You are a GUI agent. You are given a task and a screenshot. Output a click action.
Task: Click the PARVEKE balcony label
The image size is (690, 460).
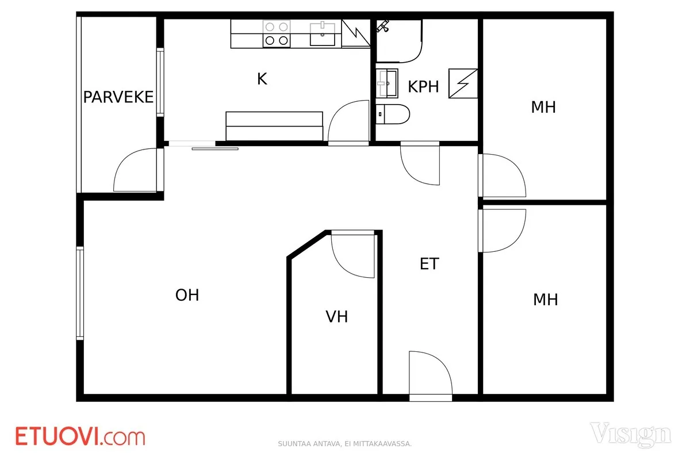coord(118,97)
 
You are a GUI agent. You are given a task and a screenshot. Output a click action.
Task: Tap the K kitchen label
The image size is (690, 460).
coord(262,79)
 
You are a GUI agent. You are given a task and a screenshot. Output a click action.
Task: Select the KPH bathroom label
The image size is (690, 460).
coord(423,87)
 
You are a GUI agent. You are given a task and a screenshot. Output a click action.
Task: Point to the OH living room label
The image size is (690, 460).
coord(187,295)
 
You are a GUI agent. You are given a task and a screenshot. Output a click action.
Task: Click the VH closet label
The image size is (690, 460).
coord(337,316)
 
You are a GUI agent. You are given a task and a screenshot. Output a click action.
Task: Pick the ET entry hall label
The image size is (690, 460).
coord(429,264)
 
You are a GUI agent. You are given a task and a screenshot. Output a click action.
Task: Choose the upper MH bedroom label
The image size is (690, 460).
coord(543,107)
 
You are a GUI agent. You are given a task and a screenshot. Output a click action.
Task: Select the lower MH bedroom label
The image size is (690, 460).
coord(546,300)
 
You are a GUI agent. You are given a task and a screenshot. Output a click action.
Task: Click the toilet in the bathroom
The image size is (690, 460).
coord(393,114)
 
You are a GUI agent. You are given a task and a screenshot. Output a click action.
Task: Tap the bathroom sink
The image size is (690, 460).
coord(387,83)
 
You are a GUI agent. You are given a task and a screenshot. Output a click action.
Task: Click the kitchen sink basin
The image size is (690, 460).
coord(323,34)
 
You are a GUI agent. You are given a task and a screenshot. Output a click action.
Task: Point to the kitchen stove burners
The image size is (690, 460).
coord(277,34)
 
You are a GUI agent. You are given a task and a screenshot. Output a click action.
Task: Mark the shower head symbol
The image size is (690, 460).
coord(383,25)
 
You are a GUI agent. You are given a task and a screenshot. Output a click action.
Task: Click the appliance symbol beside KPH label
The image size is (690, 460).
coord(463,83)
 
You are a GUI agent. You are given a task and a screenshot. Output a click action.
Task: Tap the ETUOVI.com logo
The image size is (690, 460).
coord(80,436)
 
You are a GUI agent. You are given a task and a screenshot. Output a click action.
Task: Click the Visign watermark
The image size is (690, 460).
coord(631,435)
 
